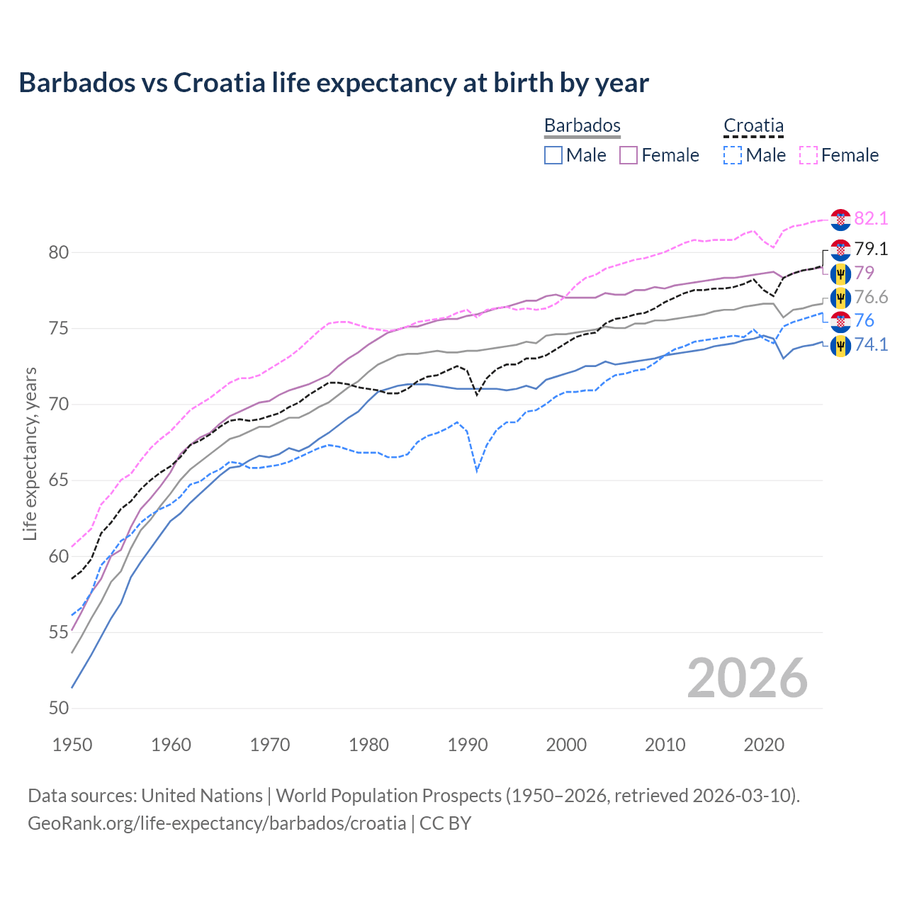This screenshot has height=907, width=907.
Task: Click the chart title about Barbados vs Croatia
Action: coord(333,83)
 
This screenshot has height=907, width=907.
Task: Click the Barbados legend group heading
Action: coord(582,125)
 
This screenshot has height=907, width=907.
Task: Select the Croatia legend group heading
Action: coord(753,125)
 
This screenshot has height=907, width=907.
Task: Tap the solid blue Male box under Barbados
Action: coord(553,155)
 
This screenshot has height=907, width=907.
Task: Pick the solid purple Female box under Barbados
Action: coord(629,155)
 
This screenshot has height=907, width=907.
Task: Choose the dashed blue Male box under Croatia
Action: coord(733,155)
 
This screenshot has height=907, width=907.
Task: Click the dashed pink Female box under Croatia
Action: coord(809,155)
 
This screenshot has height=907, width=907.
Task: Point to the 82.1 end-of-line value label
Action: coord(871,218)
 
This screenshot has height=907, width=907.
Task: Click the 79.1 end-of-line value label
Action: coord(871,249)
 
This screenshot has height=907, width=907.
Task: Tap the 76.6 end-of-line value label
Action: coord(871,297)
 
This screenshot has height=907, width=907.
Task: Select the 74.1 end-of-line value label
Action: coord(871,345)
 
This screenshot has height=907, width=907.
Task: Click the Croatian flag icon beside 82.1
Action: coord(840,220)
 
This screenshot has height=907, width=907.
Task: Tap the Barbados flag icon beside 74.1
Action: coord(840,346)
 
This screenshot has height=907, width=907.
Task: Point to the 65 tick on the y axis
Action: coord(59,480)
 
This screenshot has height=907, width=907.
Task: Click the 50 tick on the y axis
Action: coord(59,708)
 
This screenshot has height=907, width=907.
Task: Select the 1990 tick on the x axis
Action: coord(468,745)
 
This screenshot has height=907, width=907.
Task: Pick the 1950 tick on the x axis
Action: coord(72,745)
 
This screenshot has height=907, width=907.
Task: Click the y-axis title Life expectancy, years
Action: coord(30,453)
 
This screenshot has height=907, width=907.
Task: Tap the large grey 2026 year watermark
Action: coord(747,678)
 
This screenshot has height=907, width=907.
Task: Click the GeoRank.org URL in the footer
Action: coord(217,823)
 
